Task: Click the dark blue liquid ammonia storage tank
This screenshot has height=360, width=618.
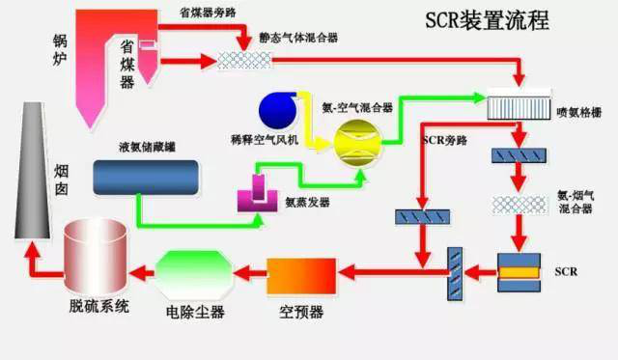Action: [x=147, y=175]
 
